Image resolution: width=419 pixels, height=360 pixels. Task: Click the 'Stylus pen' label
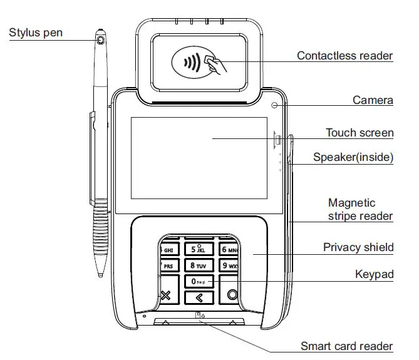[x=36, y=32]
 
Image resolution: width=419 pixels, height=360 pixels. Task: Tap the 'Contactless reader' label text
[x=344, y=56]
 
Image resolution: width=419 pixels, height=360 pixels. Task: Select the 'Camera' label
[x=373, y=100]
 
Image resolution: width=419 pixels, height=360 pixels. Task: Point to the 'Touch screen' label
[x=360, y=133]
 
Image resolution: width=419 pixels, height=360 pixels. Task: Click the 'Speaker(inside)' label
[x=353, y=158]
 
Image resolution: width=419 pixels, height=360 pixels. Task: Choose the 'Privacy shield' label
[x=358, y=247]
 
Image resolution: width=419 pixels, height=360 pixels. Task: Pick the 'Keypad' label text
[x=373, y=274]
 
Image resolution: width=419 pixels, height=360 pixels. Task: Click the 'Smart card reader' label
[x=346, y=346]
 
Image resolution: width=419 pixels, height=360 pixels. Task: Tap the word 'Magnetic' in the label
[x=352, y=203]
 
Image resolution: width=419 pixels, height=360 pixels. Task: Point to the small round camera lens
[x=274, y=105]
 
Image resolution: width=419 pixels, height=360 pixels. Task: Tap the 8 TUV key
[x=198, y=265]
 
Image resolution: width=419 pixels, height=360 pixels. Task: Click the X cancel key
[x=166, y=296]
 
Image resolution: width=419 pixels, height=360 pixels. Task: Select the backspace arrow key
[x=199, y=297]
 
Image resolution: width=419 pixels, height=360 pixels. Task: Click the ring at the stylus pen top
[x=101, y=41]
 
